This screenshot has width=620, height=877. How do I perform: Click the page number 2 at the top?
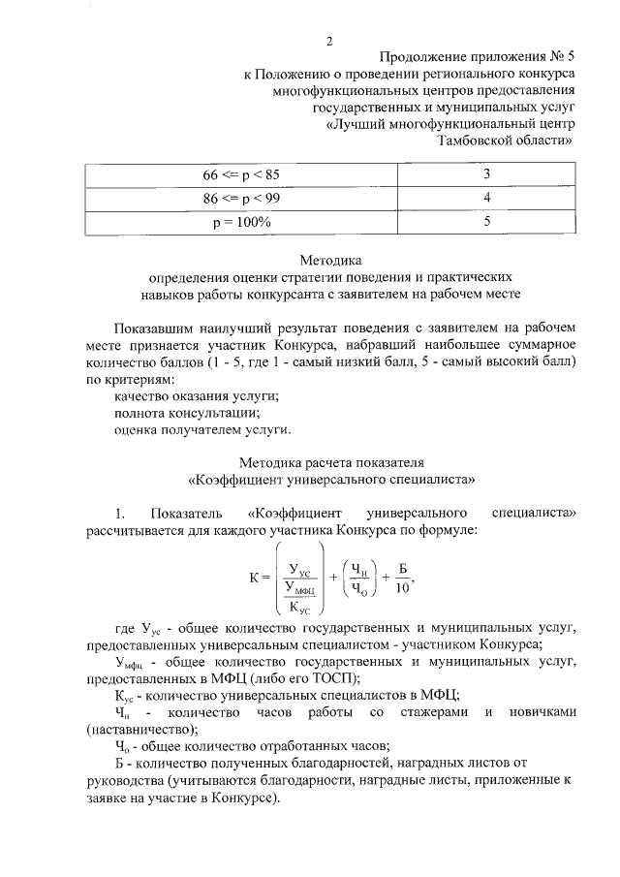[329, 41]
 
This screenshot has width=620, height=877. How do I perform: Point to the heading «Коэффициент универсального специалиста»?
[329, 478]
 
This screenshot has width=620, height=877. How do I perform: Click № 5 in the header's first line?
[561, 57]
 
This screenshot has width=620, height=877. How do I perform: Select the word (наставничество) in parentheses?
[141, 729]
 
